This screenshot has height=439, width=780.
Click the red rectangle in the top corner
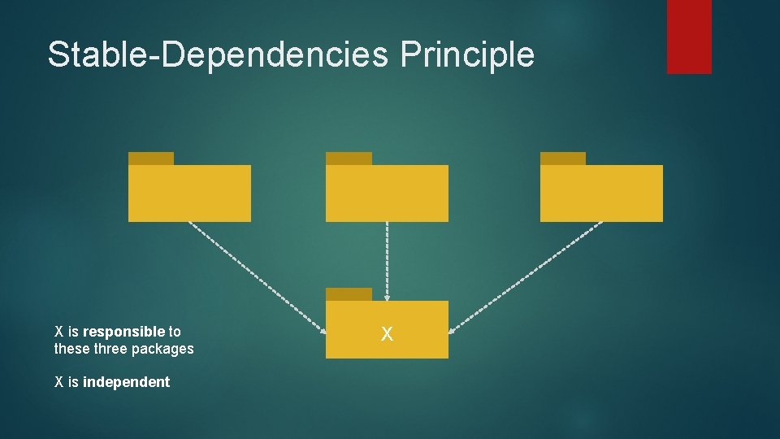689,36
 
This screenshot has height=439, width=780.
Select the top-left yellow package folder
189,193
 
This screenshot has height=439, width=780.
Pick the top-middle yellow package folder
387,193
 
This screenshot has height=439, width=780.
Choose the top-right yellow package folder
601,193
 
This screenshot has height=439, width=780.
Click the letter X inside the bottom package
387,333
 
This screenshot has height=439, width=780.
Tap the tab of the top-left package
151,159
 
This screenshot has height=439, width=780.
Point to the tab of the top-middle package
349,159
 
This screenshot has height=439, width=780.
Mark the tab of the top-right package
562,159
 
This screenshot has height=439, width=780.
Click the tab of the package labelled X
349,294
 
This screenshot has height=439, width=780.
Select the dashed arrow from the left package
256,275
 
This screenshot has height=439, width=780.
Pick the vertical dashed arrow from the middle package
387,260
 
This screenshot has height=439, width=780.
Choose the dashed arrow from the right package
528,275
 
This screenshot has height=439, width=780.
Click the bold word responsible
123,332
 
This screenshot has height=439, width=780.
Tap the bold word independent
126,382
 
